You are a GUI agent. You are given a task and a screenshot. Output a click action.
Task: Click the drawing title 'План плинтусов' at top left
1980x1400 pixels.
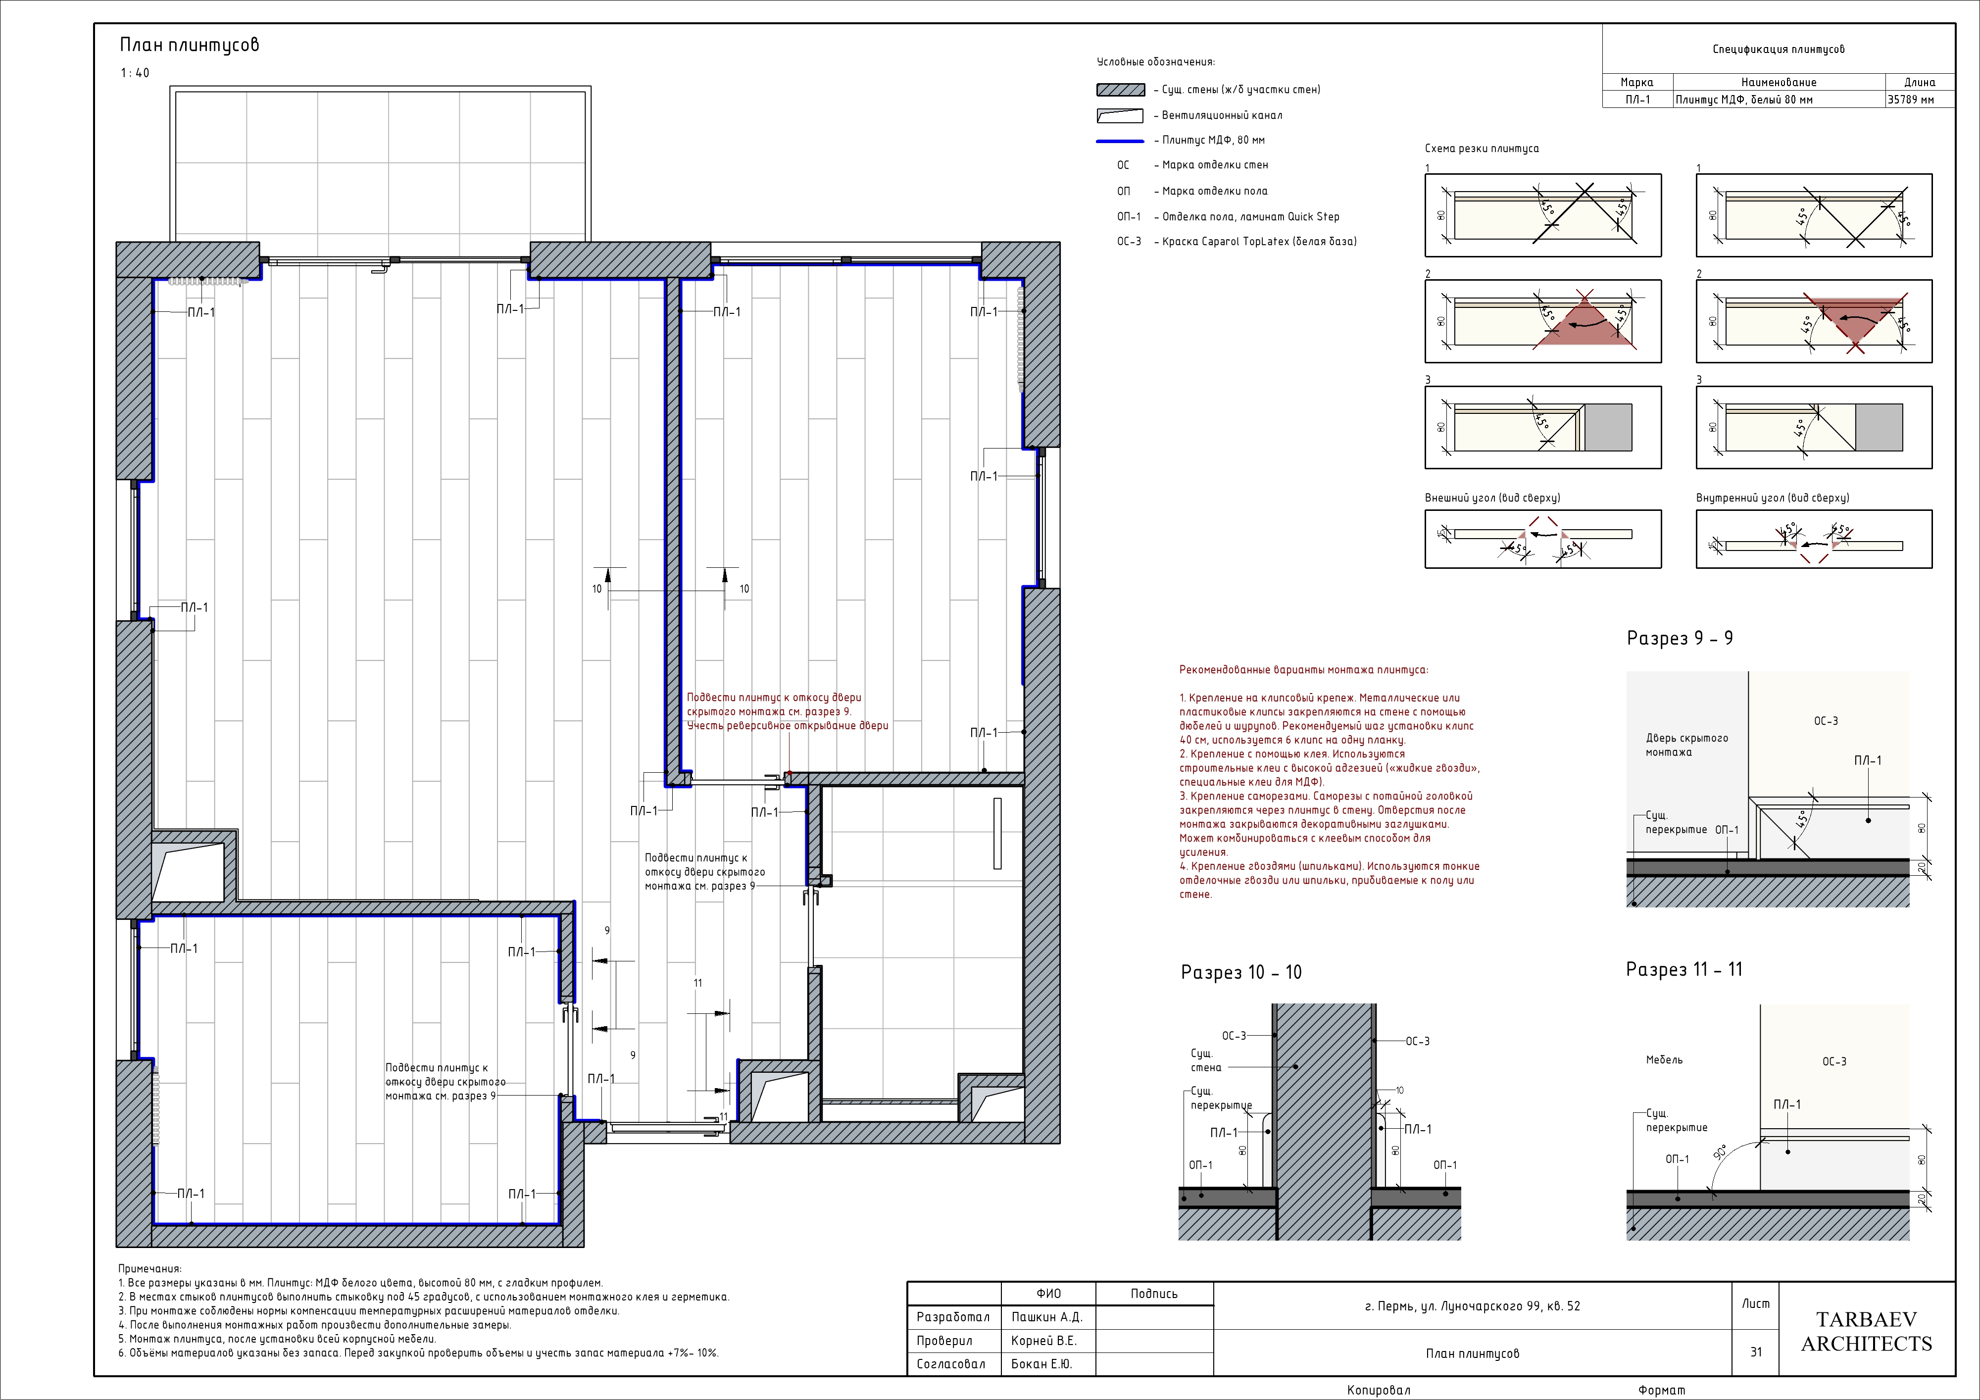pyautogui.click(x=189, y=45)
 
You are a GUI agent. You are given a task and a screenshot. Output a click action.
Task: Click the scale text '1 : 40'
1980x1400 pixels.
pyautogui.click(x=135, y=73)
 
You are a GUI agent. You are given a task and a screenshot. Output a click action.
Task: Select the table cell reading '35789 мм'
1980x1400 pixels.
pyautogui.click(x=1911, y=99)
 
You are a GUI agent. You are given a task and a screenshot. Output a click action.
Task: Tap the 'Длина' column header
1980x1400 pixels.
pyautogui.click(x=1920, y=83)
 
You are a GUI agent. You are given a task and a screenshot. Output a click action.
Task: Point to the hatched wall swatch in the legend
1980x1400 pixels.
pyautogui.click(x=1120, y=90)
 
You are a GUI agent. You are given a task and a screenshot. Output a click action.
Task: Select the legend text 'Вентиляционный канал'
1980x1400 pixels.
pyautogui.click(x=1222, y=115)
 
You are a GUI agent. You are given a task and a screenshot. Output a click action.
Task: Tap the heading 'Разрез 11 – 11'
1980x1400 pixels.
pyautogui.click(x=1684, y=970)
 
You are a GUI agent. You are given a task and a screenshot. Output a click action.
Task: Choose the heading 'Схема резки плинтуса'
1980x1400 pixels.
pyautogui.click(x=1482, y=149)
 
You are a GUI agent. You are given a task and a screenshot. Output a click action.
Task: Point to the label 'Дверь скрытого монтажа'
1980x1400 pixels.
pyautogui.click(x=1687, y=745)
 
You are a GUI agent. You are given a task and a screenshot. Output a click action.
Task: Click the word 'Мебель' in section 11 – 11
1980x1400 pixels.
pyautogui.click(x=1664, y=1060)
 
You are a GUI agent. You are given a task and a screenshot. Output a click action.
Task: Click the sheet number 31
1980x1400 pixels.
pyautogui.click(x=1756, y=1351)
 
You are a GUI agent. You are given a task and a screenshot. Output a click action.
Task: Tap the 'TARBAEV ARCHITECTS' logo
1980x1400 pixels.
pyautogui.click(x=1866, y=1331)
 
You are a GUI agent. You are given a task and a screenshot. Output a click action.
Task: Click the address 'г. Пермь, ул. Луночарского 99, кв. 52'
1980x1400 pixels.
pyautogui.click(x=1473, y=1306)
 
